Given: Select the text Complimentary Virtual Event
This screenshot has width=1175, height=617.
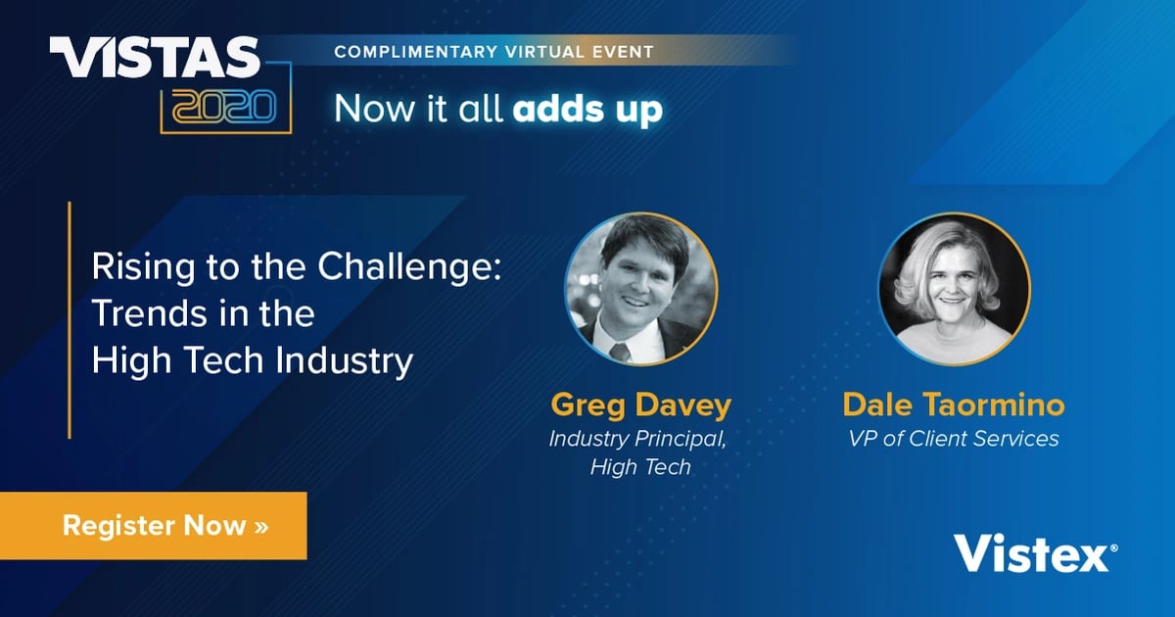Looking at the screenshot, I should pos(493,50).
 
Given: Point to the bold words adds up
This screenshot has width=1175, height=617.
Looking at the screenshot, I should pos(587,110).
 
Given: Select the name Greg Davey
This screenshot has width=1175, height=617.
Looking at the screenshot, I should pos(640,404).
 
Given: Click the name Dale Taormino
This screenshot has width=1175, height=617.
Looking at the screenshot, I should pos(953,404).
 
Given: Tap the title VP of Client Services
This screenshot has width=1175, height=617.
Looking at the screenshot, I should pos(953,438).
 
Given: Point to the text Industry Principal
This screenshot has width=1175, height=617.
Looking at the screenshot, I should pos(637,438).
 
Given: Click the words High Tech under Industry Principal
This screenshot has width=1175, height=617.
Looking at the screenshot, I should pos(640,467).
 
